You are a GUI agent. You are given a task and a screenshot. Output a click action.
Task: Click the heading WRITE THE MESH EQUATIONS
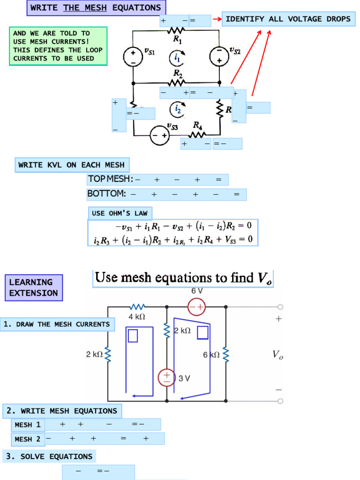(96, 8)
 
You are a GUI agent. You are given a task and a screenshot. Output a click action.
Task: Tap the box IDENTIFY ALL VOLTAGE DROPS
(288, 19)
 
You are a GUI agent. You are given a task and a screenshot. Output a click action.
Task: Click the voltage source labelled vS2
(219, 56)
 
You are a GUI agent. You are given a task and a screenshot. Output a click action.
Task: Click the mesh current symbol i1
(177, 58)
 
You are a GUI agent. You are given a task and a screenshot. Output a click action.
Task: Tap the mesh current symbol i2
(177, 109)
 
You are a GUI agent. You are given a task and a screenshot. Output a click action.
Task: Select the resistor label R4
(198, 125)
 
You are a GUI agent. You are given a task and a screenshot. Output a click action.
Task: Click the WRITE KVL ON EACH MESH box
(72, 165)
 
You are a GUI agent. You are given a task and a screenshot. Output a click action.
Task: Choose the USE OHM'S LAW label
(120, 213)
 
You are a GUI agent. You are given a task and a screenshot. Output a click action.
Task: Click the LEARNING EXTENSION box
(34, 287)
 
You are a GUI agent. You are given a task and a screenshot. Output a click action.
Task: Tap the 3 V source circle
(167, 377)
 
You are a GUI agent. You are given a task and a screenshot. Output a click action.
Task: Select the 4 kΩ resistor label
(137, 317)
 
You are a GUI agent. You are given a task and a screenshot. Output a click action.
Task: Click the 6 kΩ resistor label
(211, 355)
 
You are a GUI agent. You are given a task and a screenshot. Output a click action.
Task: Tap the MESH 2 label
(27, 439)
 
